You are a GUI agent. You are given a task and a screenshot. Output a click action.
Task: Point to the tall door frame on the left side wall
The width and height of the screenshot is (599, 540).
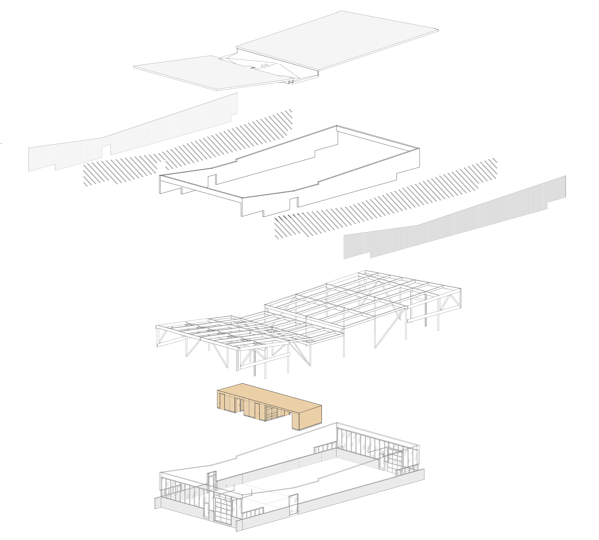pyautogui.click(x=212, y=480)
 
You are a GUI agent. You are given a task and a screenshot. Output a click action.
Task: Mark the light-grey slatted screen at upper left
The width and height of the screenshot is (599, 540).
pyautogui.click(x=133, y=134)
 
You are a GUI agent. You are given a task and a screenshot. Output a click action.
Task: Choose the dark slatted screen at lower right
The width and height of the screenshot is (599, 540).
pyautogui.click(x=454, y=220)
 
